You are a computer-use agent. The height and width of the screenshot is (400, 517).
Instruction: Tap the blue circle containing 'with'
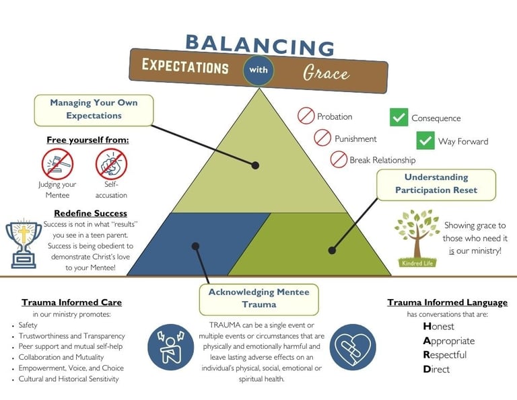point(258,69)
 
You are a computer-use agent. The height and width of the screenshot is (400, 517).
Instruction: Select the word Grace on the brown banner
point(326,71)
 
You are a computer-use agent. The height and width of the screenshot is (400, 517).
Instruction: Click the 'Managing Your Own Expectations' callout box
point(94,110)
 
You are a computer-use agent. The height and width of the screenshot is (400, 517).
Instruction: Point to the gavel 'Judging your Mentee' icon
point(57,163)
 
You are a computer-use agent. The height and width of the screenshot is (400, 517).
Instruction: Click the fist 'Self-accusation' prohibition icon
point(111,163)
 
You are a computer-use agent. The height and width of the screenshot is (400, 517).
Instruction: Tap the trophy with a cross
point(23,241)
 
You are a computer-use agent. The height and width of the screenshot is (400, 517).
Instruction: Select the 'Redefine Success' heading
point(90,213)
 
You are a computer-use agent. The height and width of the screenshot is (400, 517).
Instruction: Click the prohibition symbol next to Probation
point(306,116)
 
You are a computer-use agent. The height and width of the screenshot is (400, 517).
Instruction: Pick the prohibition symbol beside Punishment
point(323,138)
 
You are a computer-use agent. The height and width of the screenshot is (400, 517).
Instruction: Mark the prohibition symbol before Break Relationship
point(339,160)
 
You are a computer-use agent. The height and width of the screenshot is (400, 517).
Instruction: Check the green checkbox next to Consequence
point(399,118)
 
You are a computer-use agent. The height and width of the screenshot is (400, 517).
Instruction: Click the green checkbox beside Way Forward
point(425,141)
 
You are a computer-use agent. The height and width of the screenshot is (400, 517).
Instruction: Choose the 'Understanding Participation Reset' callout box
point(436,184)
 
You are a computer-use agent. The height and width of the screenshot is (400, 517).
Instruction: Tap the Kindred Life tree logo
point(415,237)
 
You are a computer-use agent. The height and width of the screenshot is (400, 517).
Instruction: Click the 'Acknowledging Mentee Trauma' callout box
point(259,298)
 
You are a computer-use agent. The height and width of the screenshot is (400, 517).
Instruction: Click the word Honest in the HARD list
point(438,327)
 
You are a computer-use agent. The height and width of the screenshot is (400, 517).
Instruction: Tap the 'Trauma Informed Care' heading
point(71,303)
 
